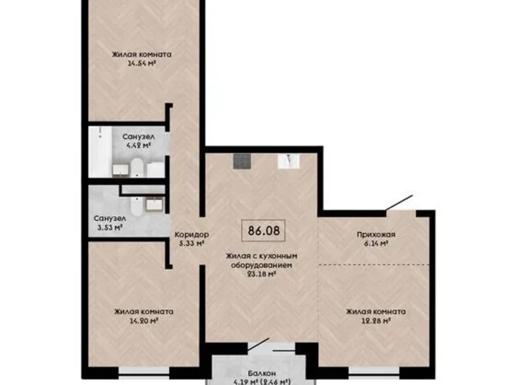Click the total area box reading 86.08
click(262, 232)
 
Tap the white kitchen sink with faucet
click(291, 160)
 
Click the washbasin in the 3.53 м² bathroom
click(154, 202)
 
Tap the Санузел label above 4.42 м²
click(139, 135)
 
